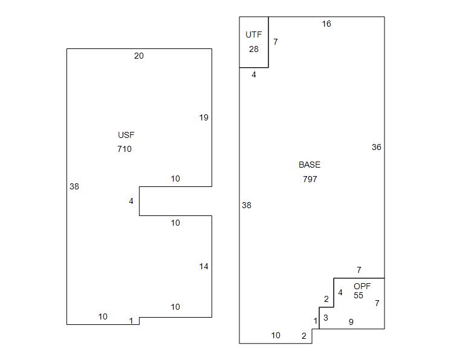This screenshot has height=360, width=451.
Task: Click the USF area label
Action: [126, 135]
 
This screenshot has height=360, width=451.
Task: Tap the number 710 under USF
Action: [125, 149]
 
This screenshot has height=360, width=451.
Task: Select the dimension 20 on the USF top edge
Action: [139, 56]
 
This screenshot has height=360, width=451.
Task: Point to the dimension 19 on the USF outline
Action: [204, 117]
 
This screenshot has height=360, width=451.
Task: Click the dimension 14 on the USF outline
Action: [204, 266]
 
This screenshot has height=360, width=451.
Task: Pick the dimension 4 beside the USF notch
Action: [131, 201]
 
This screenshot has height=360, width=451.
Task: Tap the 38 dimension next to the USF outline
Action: [74, 187]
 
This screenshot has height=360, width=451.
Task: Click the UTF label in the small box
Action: [254, 35]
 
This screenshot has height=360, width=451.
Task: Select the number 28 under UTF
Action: [254, 49]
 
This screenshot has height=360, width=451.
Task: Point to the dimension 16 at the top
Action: [326, 24]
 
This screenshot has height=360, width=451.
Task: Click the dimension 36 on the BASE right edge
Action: [377, 147]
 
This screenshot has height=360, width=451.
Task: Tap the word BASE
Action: [310, 165]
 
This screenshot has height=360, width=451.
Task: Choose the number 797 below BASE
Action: [310, 179]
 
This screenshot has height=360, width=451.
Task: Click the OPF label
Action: [362, 286]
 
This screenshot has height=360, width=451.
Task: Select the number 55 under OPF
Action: [359, 296]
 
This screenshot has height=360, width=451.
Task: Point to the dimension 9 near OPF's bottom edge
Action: [351, 322]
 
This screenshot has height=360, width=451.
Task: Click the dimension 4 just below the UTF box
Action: [254, 75]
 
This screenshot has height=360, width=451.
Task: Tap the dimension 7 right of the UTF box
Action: [276, 42]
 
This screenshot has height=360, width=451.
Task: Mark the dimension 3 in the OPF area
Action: [326, 318]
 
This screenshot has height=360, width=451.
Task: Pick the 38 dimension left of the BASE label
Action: [247, 206]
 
